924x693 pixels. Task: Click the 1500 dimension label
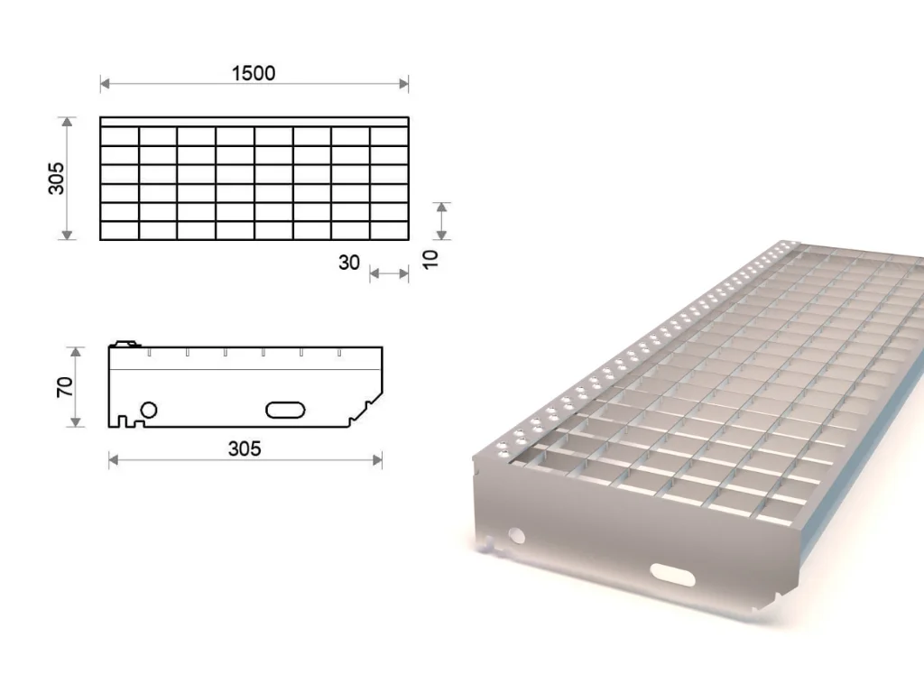pyautogui.click(x=254, y=73)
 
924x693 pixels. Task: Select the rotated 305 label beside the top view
pyautogui.click(x=57, y=178)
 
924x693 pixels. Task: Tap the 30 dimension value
pyautogui.click(x=349, y=263)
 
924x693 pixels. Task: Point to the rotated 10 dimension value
pyautogui.click(x=430, y=259)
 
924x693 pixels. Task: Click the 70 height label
pyautogui.click(x=65, y=386)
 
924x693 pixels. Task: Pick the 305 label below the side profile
pyautogui.click(x=245, y=449)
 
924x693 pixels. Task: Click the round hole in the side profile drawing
pyautogui.click(x=149, y=410)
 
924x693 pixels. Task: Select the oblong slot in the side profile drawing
pyautogui.click(x=285, y=411)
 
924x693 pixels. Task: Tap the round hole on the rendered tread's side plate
pyautogui.click(x=517, y=536)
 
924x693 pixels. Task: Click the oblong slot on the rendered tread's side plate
pyautogui.click(x=672, y=575)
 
